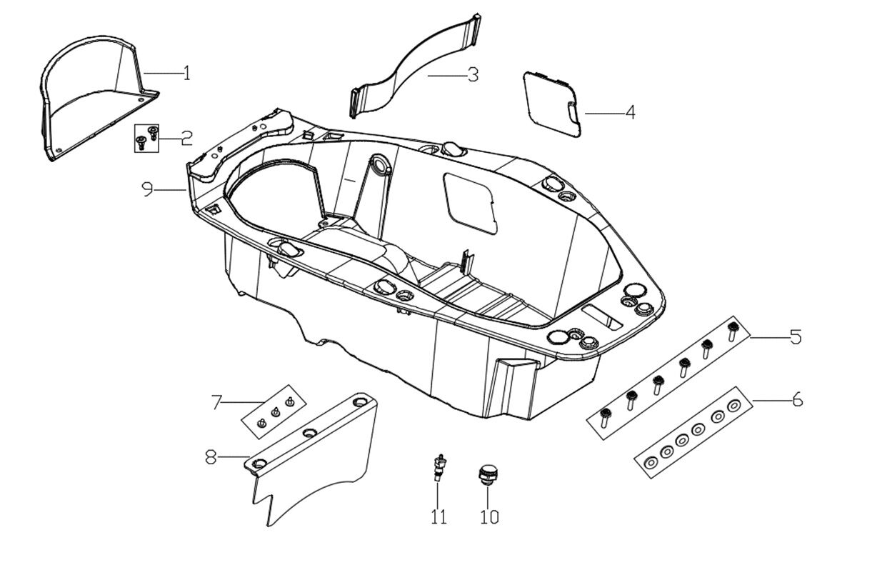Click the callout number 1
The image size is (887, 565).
tap(186, 73)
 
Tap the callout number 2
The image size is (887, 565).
tap(186, 137)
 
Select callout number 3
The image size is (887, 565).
tap(473, 74)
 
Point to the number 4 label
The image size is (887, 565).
tap(629, 113)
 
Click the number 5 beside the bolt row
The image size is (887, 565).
tap(795, 336)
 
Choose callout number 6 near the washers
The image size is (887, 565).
tap(797, 400)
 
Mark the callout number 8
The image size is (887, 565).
tap(211, 456)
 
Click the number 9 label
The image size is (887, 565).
tap(148, 189)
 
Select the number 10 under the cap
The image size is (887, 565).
tap(489, 516)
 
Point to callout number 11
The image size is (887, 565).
tap(439, 516)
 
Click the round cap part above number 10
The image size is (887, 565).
tap(488, 474)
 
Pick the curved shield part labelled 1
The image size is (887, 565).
tap(86, 100)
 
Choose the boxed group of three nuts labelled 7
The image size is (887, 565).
tap(275, 412)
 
